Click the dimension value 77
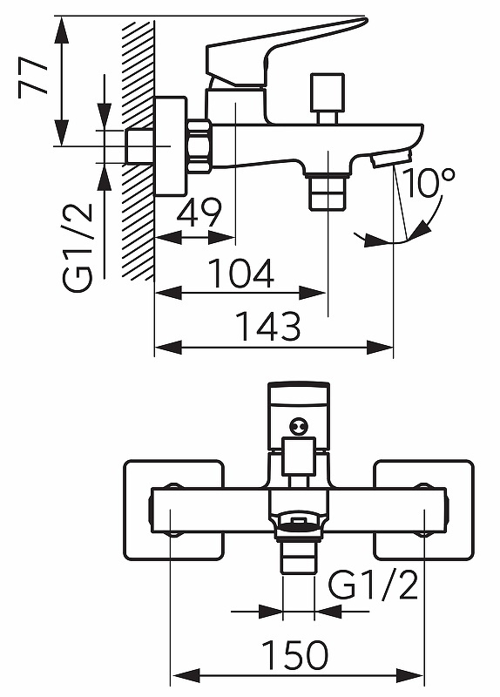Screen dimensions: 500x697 pyautogui.click(x=33, y=78)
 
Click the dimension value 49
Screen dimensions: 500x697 pyautogui.click(x=199, y=213)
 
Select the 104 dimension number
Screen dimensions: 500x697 pyautogui.click(x=241, y=273)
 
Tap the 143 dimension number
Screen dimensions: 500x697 pyautogui.click(x=268, y=326)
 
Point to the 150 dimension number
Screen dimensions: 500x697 pyautogui.click(x=295, y=655)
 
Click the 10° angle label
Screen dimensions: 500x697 pyautogui.click(x=429, y=182)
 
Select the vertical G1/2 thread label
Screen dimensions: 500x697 pyautogui.click(x=78, y=248)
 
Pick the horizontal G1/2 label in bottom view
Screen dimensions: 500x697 pyautogui.click(x=374, y=585)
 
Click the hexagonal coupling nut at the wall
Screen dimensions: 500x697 pyautogui.click(x=199, y=145)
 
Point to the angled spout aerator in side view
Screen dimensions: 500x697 pyautogui.click(x=392, y=159)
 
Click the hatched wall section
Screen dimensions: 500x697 pyautogui.click(x=138, y=150)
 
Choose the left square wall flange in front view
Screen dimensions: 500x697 pyautogui.click(x=173, y=510)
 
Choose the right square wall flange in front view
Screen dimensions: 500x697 pyautogui.click(x=424, y=510)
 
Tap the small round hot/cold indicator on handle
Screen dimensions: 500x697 pyautogui.click(x=298, y=427)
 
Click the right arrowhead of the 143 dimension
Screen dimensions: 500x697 pyautogui.click(x=380, y=347)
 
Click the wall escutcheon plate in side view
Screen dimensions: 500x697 pyautogui.click(x=170, y=146)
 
